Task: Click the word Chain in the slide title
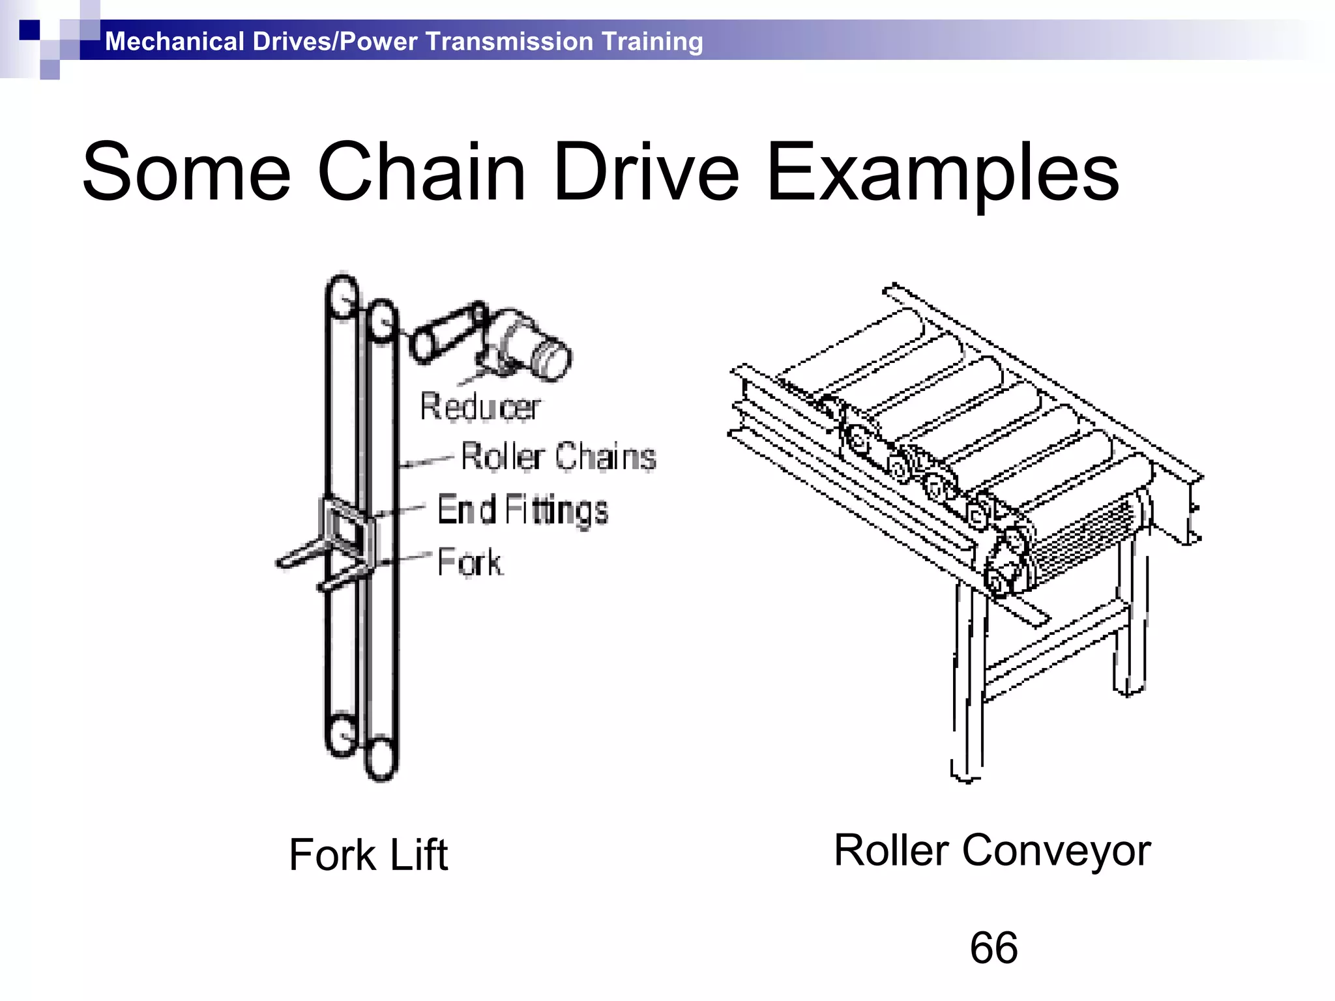click(x=421, y=173)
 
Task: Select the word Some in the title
click(x=186, y=173)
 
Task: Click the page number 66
click(x=993, y=948)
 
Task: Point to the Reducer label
click(x=480, y=407)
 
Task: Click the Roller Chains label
click(x=558, y=456)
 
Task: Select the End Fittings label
click(x=523, y=510)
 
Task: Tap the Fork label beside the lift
click(x=469, y=562)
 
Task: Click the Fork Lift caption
click(x=368, y=854)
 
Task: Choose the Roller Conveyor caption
click(x=992, y=850)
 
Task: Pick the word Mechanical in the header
click(x=174, y=41)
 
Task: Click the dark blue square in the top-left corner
click(x=29, y=30)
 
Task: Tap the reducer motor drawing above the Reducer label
click(x=515, y=341)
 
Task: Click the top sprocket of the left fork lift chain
click(x=342, y=298)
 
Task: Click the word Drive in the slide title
click(x=645, y=173)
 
